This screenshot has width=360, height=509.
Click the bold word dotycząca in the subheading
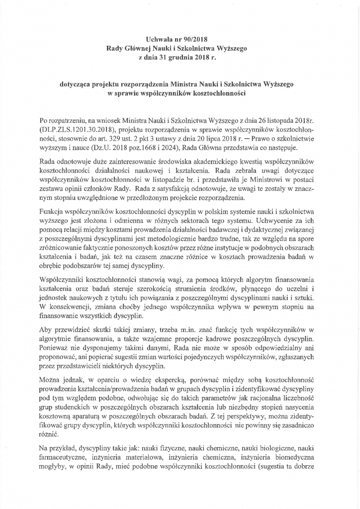(x=80, y=85)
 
